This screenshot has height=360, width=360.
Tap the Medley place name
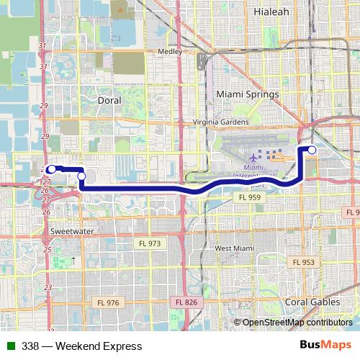coord(171,52)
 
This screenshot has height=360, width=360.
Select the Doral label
coord(109,101)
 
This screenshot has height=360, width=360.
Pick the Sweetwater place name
coord(73,231)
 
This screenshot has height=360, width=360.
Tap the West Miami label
coord(235,248)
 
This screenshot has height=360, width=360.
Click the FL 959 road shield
coord(251,197)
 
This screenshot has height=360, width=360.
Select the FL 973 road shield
coord(151,243)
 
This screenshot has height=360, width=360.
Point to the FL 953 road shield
coord(304,262)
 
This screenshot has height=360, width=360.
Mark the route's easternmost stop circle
coord(312,150)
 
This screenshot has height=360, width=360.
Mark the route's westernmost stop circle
coord(52,169)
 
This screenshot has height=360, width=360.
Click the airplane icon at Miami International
coord(253,156)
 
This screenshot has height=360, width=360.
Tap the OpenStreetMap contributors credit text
coord(296,323)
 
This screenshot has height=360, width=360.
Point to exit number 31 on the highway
coord(42,46)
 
